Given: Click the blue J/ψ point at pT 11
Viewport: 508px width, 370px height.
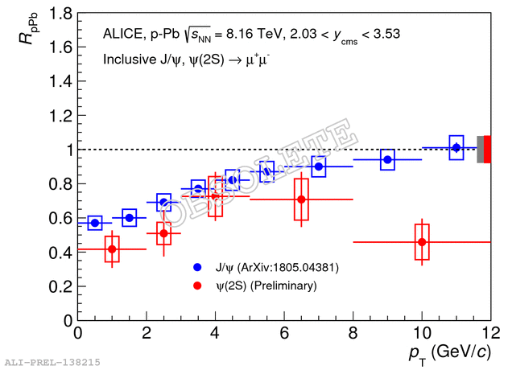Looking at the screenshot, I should (456, 147).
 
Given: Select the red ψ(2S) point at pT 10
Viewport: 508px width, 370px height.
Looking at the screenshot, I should (421, 242).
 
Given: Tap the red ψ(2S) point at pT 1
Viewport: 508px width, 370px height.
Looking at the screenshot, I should (112, 249).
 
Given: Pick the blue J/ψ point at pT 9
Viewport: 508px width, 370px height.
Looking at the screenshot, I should (387, 159).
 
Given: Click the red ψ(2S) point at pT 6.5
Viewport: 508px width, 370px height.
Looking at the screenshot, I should (301, 199).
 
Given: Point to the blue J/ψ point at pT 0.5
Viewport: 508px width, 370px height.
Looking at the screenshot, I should (95, 223).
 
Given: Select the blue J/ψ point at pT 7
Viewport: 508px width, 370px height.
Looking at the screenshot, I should (319, 166).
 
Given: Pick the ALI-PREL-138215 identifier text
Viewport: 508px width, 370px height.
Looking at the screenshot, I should (52, 363).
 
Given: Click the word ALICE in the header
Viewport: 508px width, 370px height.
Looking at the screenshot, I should (122, 35).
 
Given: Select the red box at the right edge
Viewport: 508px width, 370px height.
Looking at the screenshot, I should (487, 150).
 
